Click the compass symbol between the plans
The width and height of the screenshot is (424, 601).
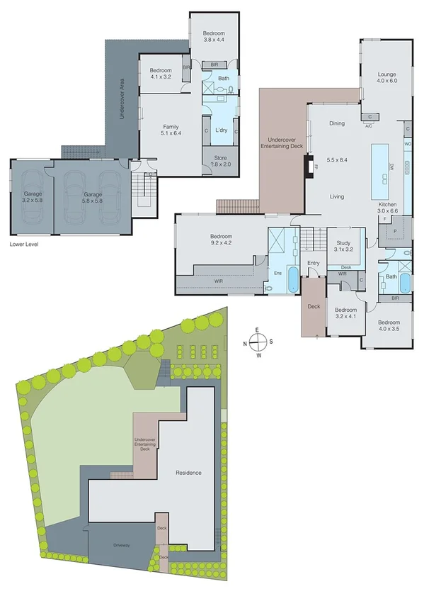[x=259, y=341]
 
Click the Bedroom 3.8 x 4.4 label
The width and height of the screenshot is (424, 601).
[x=214, y=37]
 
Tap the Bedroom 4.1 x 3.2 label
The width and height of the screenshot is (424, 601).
[x=162, y=74]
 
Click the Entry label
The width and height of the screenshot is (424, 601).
[x=313, y=264]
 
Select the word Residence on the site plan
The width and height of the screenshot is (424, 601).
[x=188, y=473]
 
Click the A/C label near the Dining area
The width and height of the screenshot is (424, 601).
[x=368, y=126]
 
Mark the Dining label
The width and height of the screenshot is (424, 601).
[x=336, y=123]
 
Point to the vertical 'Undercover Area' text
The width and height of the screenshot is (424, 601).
[x=122, y=99]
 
